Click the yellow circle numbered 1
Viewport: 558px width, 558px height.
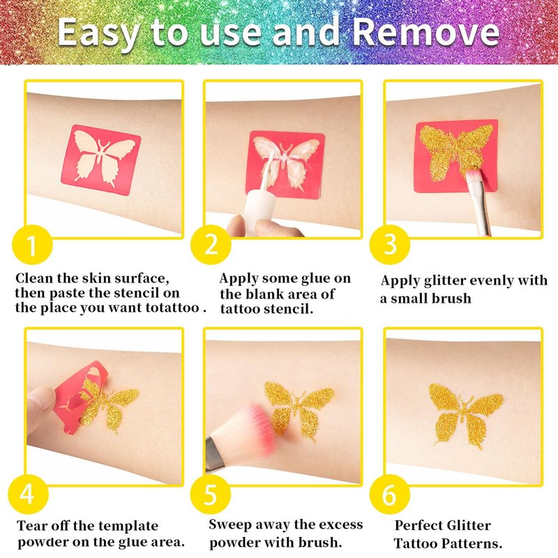(x=32, y=245)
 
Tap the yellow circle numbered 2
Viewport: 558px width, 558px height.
(x=211, y=245)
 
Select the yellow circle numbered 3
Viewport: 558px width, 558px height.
(x=390, y=245)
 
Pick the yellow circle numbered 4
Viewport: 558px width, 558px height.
(x=28, y=494)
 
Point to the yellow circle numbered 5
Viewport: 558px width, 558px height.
(x=211, y=494)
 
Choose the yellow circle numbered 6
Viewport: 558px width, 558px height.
(x=390, y=494)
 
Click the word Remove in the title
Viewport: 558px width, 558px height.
(x=426, y=32)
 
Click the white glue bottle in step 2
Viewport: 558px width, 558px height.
(x=262, y=199)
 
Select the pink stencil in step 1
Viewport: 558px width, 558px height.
(x=101, y=160)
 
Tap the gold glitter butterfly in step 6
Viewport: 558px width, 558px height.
(x=465, y=414)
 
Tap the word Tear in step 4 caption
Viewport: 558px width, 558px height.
(x=31, y=526)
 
